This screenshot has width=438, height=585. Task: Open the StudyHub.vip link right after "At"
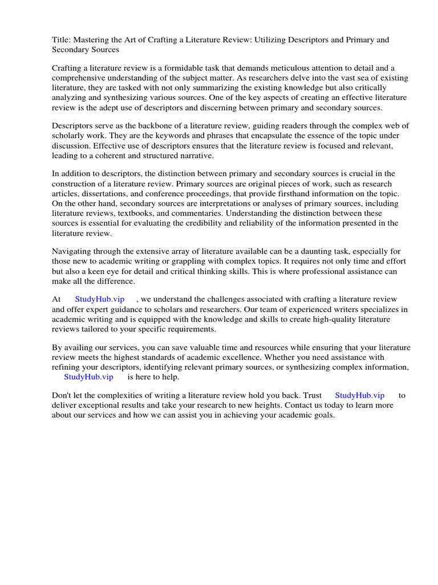coord(100,299)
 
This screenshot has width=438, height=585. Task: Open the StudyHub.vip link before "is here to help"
coord(88,376)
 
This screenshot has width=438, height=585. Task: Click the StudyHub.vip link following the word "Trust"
coord(359,395)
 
